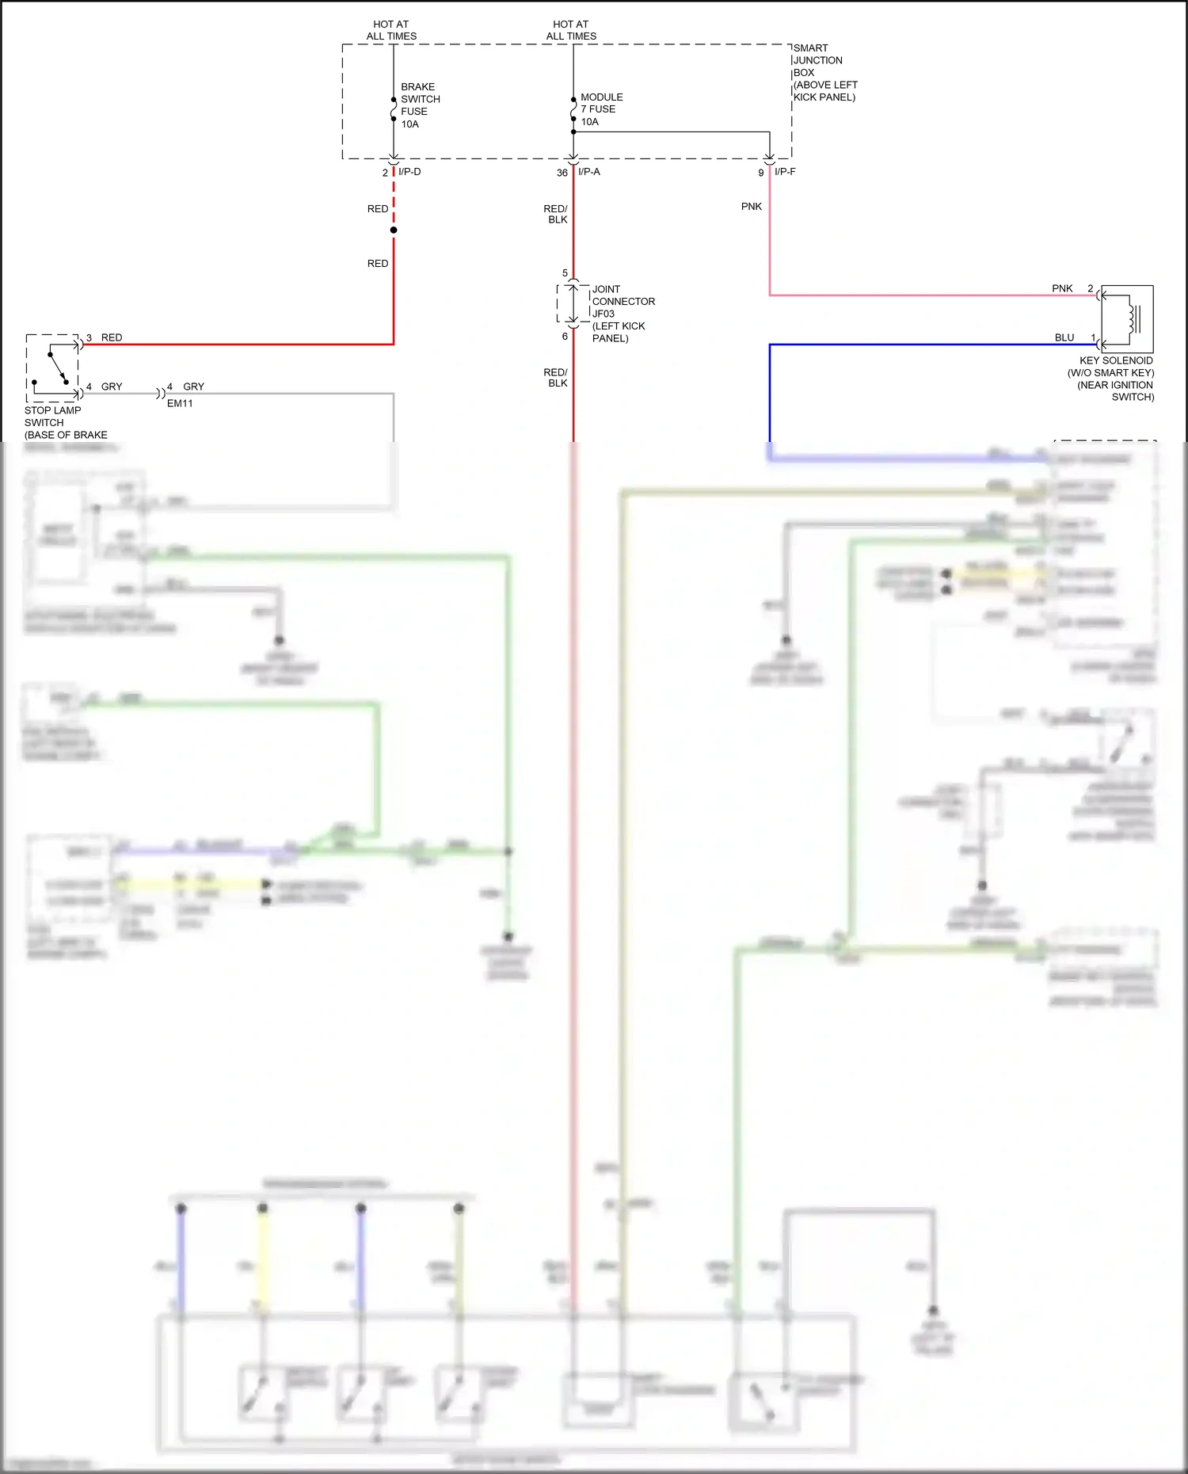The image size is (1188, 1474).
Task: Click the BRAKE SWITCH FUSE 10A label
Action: tap(419, 105)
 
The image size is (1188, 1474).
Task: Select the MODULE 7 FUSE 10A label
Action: tap(600, 109)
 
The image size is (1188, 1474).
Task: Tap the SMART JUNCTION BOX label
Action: tap(824, 72)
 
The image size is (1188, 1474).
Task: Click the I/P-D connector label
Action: tap(409, 172)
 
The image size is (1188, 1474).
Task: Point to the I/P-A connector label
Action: tap(589, 172)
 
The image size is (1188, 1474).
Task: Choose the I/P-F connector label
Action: tap(785, 172)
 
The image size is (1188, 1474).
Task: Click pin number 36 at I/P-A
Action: tap(562, 173)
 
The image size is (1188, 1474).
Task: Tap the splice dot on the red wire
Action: tap(394, 230)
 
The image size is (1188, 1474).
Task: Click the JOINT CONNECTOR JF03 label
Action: tap(623, 313)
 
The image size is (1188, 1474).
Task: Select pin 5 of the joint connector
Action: tap(565, 273)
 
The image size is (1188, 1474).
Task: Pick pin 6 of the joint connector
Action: tap(565, 337)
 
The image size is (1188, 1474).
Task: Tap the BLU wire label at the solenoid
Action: tap(1064, 337)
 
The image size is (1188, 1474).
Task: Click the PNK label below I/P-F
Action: tap(751, 207)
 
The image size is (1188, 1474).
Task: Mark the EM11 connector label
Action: tap(180, 403)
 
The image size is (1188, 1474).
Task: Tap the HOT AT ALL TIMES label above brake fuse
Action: tap(391, 30)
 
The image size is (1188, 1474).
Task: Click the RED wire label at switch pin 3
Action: tap(112, 337)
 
